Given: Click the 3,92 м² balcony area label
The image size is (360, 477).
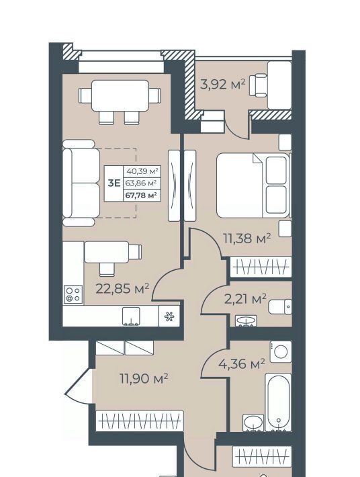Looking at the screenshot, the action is point(222,84).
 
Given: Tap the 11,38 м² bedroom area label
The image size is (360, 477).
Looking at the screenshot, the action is point(247,238).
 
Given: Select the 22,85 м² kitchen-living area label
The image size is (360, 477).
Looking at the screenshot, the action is point(122,288).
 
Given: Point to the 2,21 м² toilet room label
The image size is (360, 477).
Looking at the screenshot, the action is point(245,299).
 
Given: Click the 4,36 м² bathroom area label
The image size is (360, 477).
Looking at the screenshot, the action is point(242,363).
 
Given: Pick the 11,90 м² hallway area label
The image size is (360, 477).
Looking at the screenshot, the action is point(144,379).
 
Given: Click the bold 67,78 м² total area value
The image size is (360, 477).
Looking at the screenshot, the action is point(142,195).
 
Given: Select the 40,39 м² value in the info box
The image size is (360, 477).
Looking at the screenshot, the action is point(142,171).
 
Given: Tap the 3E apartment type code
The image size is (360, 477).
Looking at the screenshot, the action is point(114,183).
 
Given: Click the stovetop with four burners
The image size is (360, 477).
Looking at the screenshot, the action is point(73,294).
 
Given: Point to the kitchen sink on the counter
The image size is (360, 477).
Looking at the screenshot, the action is point(131,316).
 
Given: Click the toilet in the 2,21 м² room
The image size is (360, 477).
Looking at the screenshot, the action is point(279,306).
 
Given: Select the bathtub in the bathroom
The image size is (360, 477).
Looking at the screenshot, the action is point(278,402).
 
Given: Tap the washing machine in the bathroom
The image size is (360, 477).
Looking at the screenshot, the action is point(281,351).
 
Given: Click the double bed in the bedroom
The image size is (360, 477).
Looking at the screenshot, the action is point(253,185).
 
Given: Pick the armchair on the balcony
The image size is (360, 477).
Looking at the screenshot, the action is point(258,85).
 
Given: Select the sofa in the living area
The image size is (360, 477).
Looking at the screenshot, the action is point(81,183).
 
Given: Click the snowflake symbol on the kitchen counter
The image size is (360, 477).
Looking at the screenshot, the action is point(169,316).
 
